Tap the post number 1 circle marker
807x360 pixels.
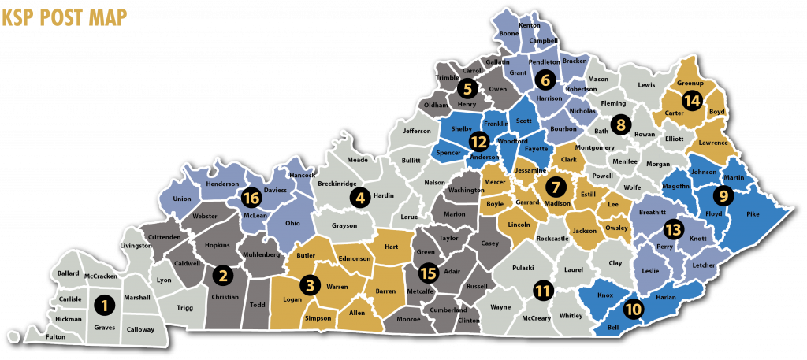pyautogui.click(x=101, y=302)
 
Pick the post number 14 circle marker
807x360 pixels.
pyautogui.click(x=692, y=101)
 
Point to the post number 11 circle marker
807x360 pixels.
pyautogui.click(x=542, y=290)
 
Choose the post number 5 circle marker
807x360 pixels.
pyautogui.click(x=467, y=89)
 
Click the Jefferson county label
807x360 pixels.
pyautogui.click(x=417, y=131)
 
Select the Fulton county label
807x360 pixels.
pyautogui.click(x=56, y=337)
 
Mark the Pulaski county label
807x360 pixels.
pyautogui.click(x=524, y=268)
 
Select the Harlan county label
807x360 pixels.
pyautogui.click(x=666, y=297)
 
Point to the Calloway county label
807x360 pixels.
pyautogui.click(x=141, y=330)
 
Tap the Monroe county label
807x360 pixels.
pyautogui.click(x=408, y=320)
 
